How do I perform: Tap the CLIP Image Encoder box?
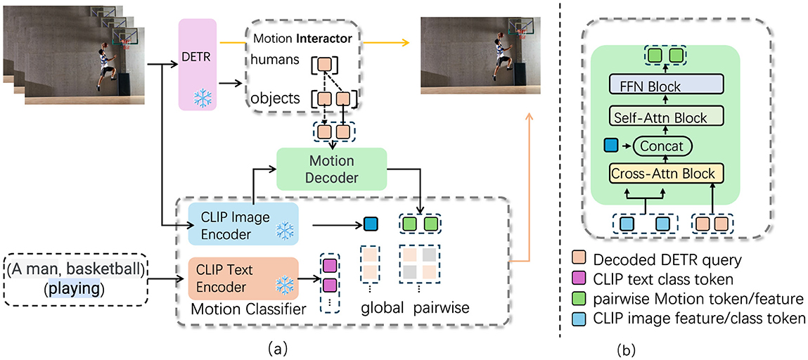243,225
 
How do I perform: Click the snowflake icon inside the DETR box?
203,98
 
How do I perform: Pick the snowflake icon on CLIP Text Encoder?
283,285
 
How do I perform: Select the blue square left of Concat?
610,146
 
